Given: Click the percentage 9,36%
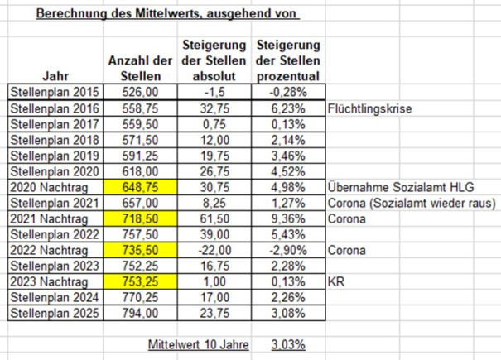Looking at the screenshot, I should [287, 219].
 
